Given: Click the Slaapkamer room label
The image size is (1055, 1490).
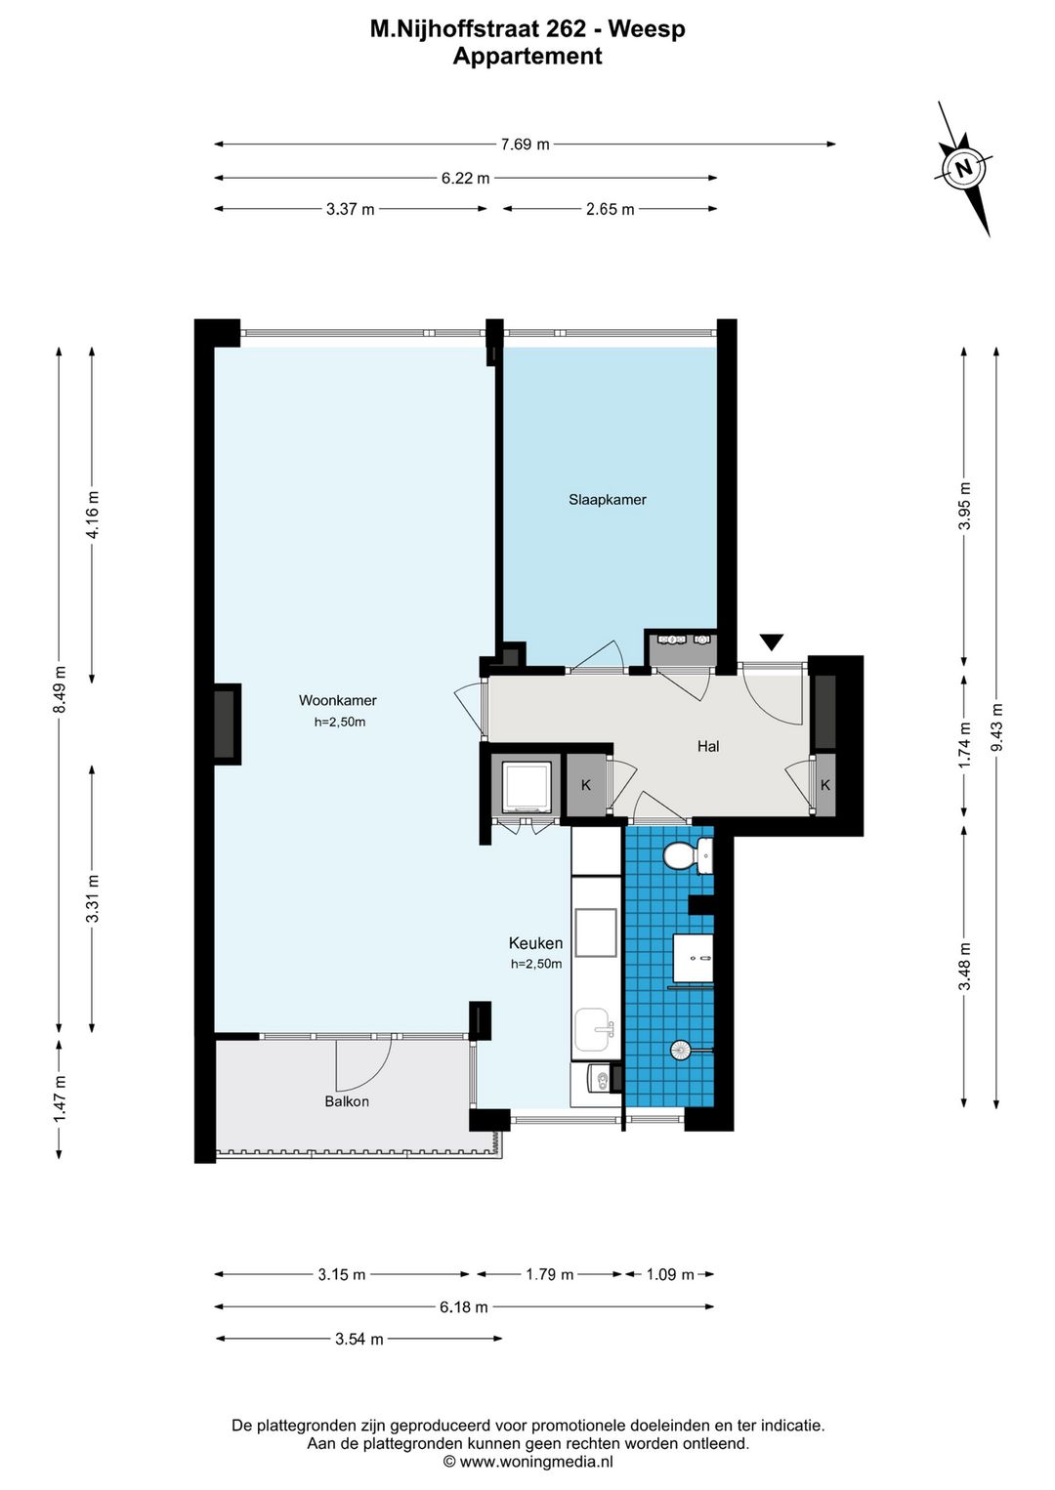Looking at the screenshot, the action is click(607, 500).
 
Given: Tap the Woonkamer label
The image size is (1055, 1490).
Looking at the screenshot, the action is click(337, 700).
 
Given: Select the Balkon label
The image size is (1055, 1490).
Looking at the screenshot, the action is click(347, 1101).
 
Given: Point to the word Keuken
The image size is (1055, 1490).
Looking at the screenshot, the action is click(536, 942).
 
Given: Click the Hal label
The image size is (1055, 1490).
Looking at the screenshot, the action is click(708, 746).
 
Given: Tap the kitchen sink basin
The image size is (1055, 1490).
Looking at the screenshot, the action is click(593, 1029).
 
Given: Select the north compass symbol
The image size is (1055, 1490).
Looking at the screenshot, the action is click(964, 168).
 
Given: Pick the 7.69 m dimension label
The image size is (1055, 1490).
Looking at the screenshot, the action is click(526, 145).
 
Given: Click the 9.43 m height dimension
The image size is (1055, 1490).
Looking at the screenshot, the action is click(996, 727).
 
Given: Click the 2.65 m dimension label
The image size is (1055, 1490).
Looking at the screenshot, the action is click(610, 210).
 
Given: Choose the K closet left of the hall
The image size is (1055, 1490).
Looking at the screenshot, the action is click(586, 785).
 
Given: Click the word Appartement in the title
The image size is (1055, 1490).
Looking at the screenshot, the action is click(527, 56).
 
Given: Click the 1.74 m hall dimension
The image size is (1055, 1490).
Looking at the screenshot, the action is click(965, 745).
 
